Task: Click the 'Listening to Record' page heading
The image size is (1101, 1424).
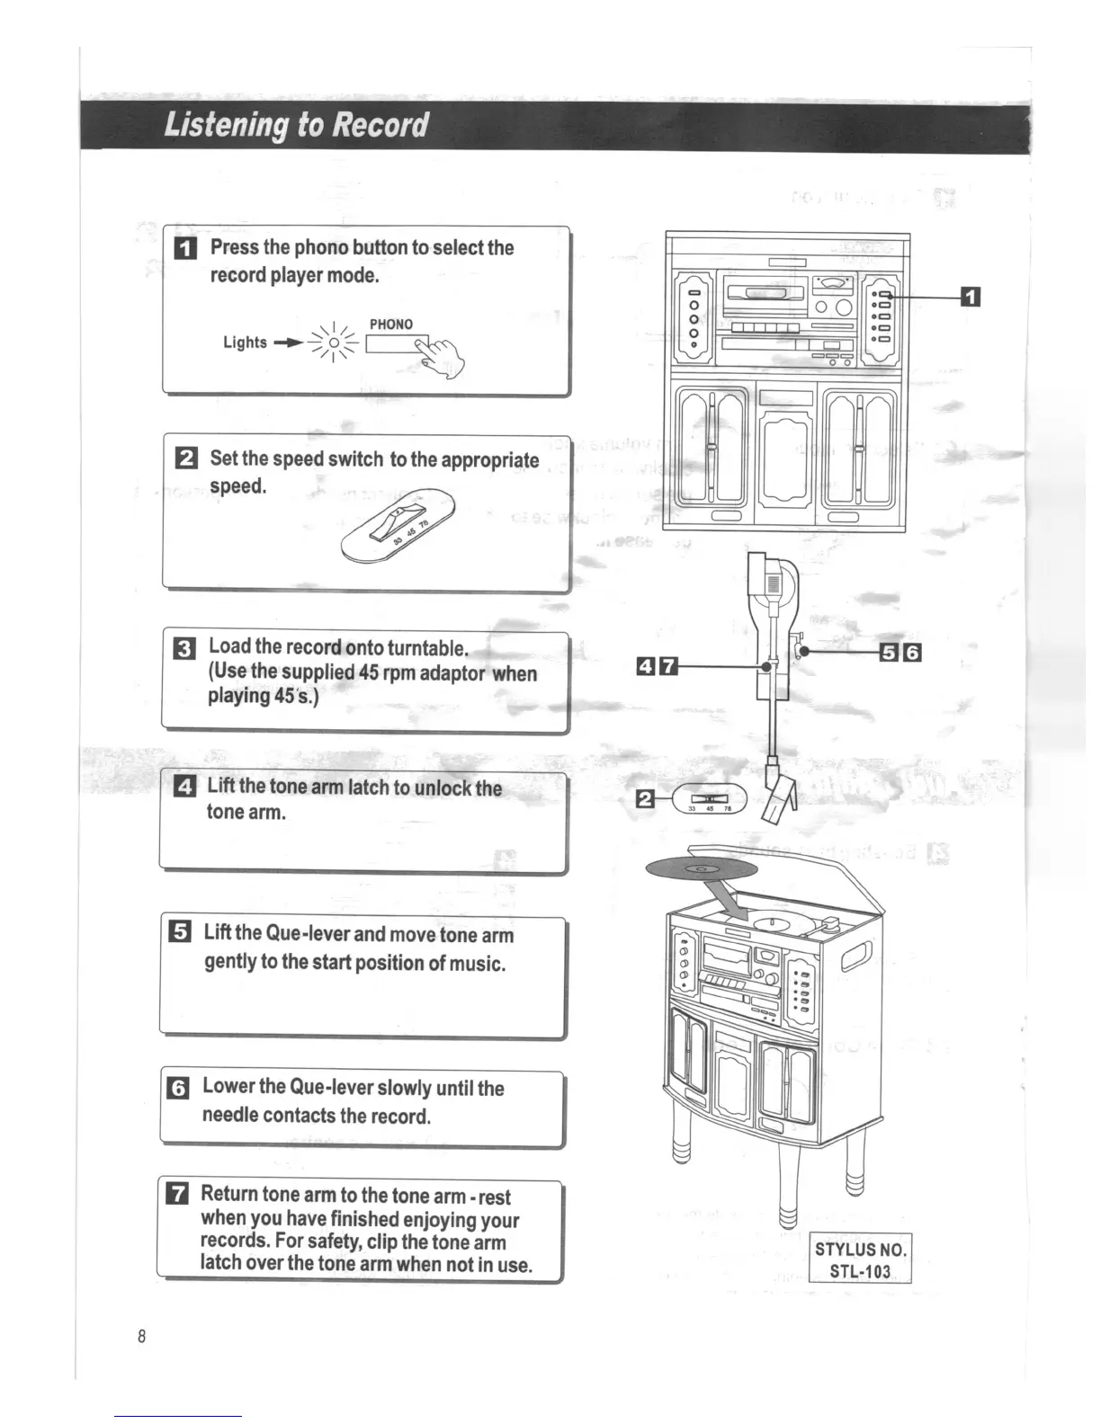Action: (296, 125)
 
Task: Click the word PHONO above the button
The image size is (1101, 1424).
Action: (391, 325)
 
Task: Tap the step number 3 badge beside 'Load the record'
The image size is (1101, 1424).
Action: (183, 648)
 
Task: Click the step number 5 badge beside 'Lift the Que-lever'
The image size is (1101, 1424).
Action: (180, 932)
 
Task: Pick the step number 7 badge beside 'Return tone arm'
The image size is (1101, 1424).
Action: (178, 1194)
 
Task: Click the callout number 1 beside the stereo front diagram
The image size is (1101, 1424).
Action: (971, 297)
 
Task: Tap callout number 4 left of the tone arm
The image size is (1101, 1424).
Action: (645, 666)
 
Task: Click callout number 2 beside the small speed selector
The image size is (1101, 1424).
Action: (645, 798)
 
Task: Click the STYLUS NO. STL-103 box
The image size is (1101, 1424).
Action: (861, 1259)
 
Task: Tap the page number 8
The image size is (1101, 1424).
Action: (141, 1336)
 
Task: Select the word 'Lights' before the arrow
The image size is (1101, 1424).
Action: (245, 343)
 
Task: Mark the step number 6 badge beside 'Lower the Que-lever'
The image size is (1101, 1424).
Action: (179, 1088)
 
